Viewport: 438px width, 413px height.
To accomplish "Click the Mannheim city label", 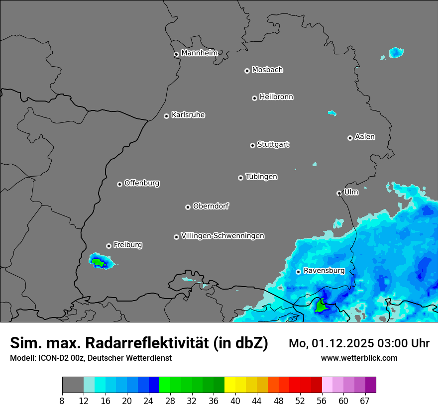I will point(199,53).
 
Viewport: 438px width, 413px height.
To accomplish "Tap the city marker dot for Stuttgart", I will point(252,145).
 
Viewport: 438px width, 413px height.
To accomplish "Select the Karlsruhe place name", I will point(188,115).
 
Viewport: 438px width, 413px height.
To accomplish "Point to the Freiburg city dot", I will point(109,246).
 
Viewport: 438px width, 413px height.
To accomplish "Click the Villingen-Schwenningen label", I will point(222,236).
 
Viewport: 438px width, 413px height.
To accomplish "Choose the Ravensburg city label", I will point(324,271).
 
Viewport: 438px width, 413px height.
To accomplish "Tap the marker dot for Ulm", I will point(339,193).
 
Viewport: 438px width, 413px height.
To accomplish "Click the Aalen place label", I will point(365,137).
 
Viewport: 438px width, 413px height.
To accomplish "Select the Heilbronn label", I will point(276,97).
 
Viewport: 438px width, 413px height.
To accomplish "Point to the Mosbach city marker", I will point(247,71).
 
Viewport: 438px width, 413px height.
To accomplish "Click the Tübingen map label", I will point(261,177).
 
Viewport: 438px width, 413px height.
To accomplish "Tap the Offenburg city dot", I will point(119,184).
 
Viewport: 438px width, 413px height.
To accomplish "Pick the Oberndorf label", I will point(211,206).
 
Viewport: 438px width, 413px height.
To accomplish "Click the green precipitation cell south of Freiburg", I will point(99,262).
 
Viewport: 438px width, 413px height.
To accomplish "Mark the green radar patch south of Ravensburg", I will point(321,307).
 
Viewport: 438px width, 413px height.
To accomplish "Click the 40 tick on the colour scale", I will point(235,401).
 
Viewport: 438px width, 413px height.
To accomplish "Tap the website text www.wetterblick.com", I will point(359,358).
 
